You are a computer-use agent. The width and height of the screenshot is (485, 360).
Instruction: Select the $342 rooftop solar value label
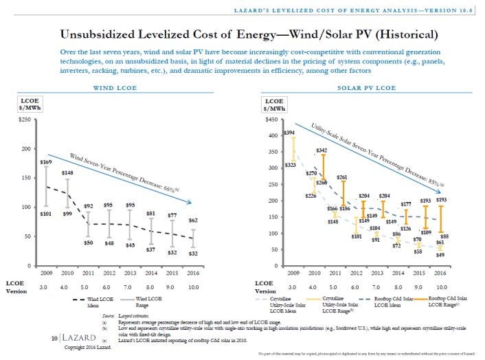321,150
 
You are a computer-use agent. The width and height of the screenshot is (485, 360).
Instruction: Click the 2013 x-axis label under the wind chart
130,273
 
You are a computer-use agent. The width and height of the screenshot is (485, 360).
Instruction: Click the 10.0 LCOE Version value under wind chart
193,285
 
